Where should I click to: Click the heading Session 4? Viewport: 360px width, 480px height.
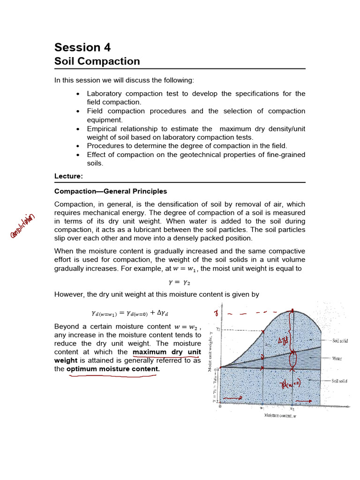pyautogui.click(x=82, y=47)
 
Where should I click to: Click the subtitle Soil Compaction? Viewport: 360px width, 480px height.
pyautogui.click(x=97, y=61)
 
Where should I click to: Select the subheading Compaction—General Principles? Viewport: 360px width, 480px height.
pyautogui.click(x=111, y=191)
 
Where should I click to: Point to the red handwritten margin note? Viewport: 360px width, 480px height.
pyautogui.click(x=23, y=226)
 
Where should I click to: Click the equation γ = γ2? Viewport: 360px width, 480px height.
pyautogui.click(x=180, y=282)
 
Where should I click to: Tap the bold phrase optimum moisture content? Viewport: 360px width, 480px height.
pyautogui.click(x=113, y=369)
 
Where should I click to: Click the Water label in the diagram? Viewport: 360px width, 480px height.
pyautogui.click(x=337, y=359)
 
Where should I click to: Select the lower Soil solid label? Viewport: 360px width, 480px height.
pyautogui.click(x=339, y=381)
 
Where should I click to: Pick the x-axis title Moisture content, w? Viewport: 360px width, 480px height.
pyautogui.click(x=280, y=415)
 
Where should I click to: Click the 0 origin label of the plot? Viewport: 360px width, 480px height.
pyautogui.click(x=220, y=406)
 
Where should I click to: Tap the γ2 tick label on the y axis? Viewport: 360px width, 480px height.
pyautogui.click(x=218, y=330)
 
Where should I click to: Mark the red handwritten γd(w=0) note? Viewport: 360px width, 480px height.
pyautogui.click(x=291, y=384)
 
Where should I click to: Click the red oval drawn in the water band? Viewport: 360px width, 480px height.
pyautogui.click(x=293, y=360)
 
